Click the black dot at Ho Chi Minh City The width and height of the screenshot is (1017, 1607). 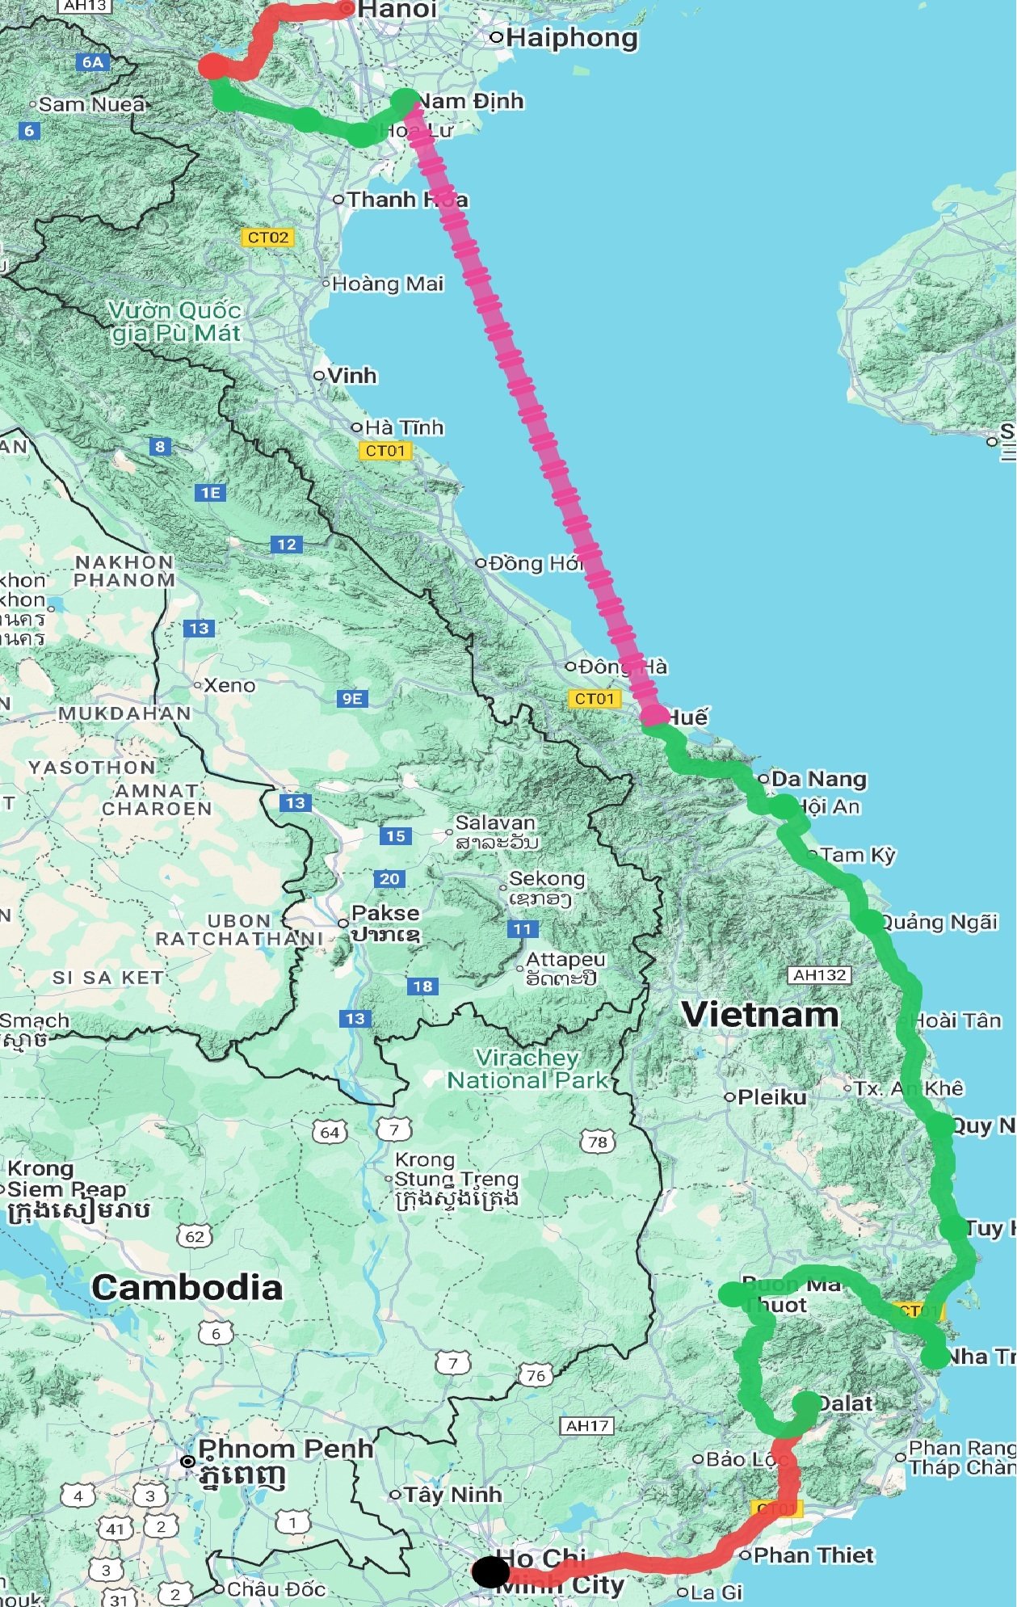click(x=490, y=1572)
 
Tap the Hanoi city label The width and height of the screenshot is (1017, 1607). click(x=397, y=10)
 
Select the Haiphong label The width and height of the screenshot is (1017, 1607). click(x=572, y=37)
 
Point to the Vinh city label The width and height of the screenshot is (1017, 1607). click(x=352, y=376)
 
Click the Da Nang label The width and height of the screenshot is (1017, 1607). click(x=818, y=779)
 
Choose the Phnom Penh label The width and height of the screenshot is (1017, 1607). click(x=285, y=1449)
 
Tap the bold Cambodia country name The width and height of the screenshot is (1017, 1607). click(x=187, y=1288)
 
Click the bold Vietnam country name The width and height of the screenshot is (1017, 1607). click(x=760, y=1015)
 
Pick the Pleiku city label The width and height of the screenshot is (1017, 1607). click(x=771, y=1097)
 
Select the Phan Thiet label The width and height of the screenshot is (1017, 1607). click(x=813, y=1555)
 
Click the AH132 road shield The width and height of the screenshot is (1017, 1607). click(x=819, y=975)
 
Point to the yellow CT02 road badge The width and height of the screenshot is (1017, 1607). click(x=267, y=238)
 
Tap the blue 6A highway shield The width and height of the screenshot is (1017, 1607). click(x=93, y=62)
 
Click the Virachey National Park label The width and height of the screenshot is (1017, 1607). click(x=527, y=1069)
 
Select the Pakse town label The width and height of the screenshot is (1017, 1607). click(x=385, y=913)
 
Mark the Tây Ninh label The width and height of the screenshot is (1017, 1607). click(x=452, y=1495)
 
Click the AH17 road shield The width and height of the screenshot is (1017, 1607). click(x=587, y=1426)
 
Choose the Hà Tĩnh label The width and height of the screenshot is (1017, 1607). click(x=404, y=427)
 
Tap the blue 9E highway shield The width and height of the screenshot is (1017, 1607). click(x=352, y=699)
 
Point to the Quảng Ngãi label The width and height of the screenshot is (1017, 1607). click(x=938, y=922)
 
